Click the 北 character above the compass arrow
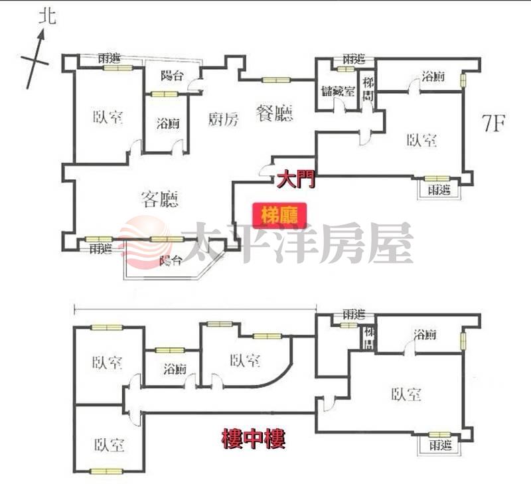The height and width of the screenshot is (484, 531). (47, 16)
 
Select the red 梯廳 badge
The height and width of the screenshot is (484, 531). (279, 215)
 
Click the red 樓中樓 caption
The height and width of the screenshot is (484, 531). (253, 439)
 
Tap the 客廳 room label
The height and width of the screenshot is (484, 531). (160, 199)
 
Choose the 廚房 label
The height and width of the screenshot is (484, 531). (222, 120)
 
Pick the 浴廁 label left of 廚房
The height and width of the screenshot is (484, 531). (167, 123)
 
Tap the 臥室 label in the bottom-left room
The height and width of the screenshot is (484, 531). (109, 444)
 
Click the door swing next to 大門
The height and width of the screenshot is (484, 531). (267, 170)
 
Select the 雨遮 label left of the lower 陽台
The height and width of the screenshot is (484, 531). (100, 249)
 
